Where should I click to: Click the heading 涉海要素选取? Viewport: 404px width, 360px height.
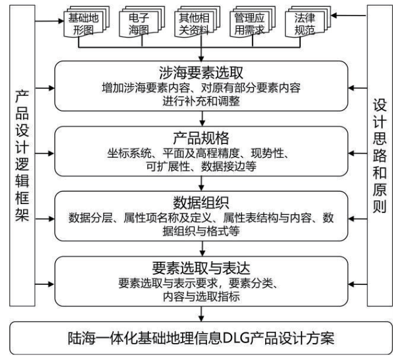click(x=201, y=73)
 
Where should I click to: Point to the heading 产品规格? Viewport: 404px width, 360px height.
click(x=201, y=137)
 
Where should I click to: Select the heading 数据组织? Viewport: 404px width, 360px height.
click(x=201, y=202)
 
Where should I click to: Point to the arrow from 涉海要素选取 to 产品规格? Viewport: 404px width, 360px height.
click(x=201, y=119)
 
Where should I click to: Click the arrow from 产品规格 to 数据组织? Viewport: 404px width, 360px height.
click(x=201, y=184)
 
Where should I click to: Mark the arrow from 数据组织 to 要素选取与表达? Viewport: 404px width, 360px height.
click(x=201, y=249)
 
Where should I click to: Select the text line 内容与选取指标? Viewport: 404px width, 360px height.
click(x=201, y=297)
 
